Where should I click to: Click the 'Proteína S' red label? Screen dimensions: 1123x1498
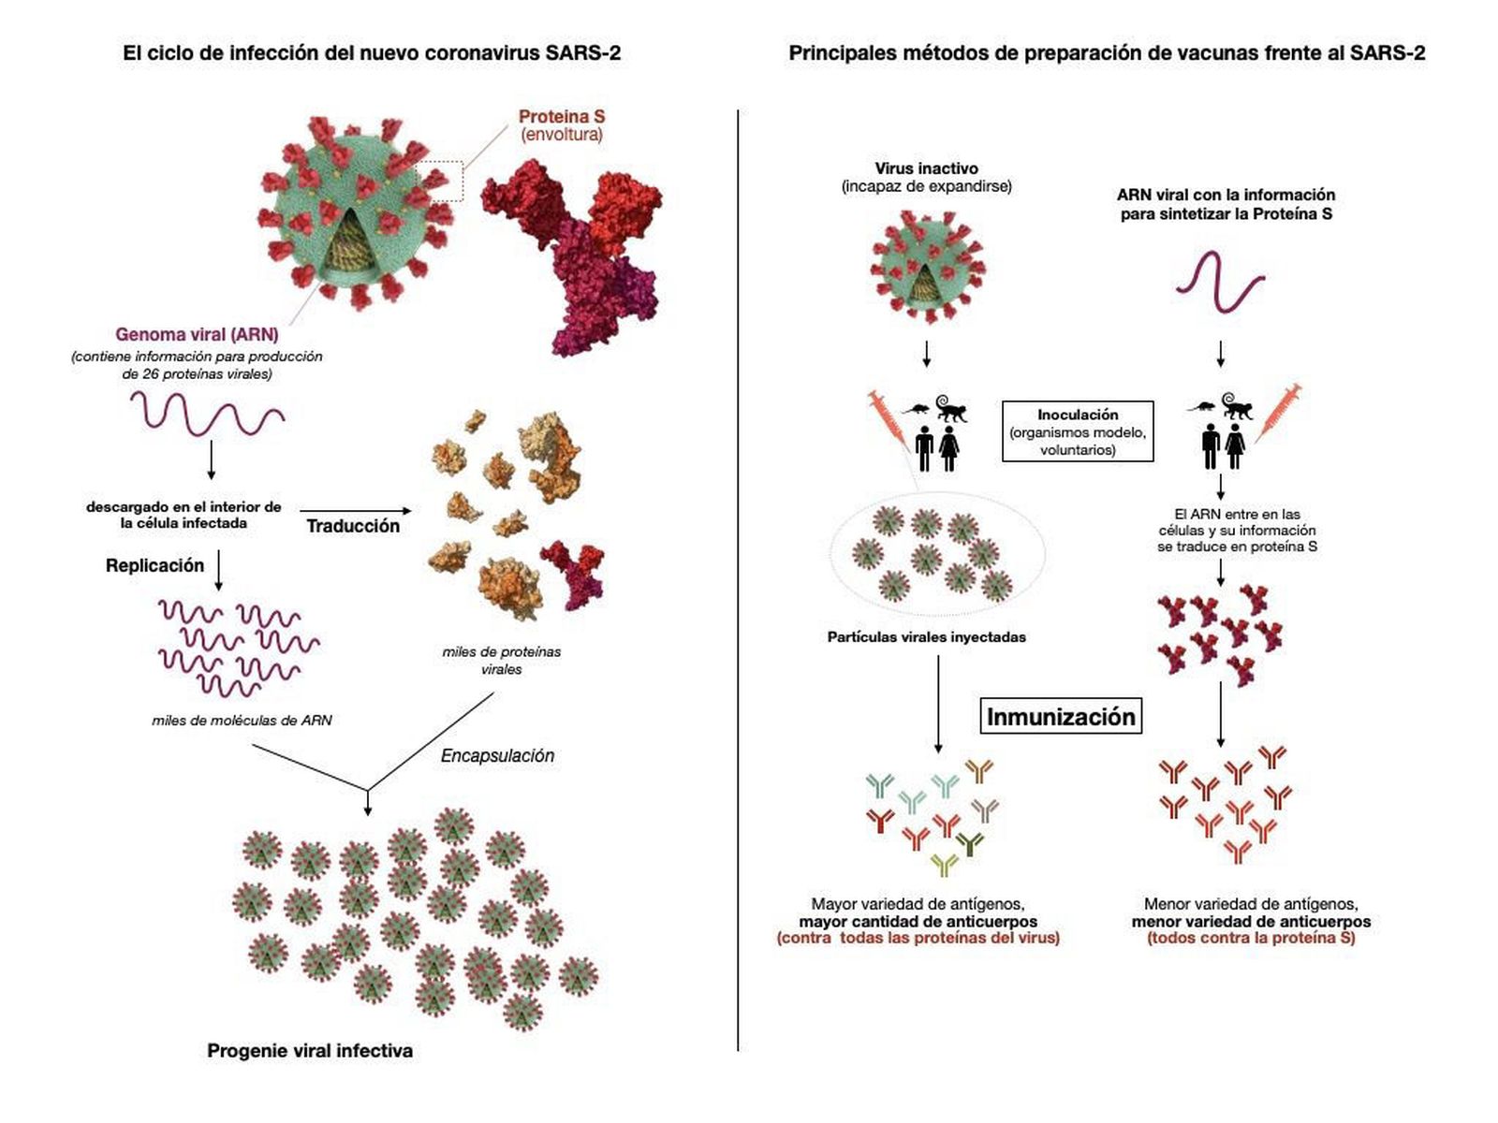(x=562, y=117)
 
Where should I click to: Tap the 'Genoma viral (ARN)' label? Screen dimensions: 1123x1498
(x=197, y=334)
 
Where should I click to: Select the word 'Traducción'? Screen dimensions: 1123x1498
(x=353, y=526)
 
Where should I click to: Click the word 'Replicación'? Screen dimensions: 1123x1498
(x=154, y=565)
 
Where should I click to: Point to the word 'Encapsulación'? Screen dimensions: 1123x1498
(x=497, y=755)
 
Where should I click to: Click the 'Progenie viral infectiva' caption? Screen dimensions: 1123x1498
(x=310, y=1051)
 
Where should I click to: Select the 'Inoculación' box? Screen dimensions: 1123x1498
(x=1078, y=431)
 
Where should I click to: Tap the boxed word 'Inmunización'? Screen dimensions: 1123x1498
(x=1061, y=717)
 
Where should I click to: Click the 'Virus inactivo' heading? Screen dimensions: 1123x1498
(x=926, y=168)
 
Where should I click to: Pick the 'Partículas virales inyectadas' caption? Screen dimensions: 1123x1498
(x=926, y=637)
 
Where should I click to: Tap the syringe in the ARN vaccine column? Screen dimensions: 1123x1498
(x=1277, y=411)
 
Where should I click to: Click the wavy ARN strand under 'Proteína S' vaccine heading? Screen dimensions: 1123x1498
(x=1220, y=281)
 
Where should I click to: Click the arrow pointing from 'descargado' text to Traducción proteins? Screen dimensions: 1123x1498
(x=356, y=510)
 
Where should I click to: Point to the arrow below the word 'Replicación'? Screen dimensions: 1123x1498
(x=218, y=570)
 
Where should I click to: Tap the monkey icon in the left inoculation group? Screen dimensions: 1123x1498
(x=950, y=408)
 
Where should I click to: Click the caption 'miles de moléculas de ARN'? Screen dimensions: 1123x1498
(x=242, y=721)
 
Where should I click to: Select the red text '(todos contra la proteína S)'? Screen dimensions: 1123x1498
(x=1251, y=938)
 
